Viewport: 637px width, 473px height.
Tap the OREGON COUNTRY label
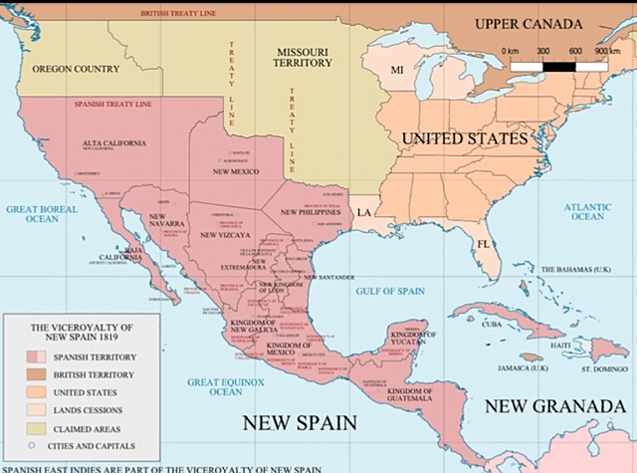point(76,69)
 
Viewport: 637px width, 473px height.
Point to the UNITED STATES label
point(463,137)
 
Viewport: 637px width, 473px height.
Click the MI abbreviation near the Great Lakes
point(396,70)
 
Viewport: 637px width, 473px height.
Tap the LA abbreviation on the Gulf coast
point(364,213)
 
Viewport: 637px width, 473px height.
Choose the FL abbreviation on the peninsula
point(482,243)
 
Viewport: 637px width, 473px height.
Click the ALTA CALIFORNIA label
point(115,144)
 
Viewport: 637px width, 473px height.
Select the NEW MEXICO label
point(236,172)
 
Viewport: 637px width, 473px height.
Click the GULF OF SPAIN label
point(389,291)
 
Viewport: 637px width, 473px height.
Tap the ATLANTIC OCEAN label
point(585,211)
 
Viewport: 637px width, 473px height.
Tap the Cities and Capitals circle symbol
point(33,445)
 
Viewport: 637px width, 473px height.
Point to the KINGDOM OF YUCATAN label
point(411,337)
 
